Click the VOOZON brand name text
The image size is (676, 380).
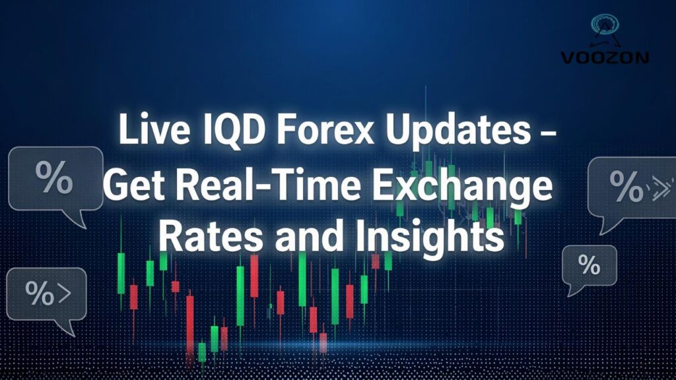(x=605, y=57)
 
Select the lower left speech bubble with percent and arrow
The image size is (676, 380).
(x=47, y=294)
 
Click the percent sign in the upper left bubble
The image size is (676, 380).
(x=54, y=177)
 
